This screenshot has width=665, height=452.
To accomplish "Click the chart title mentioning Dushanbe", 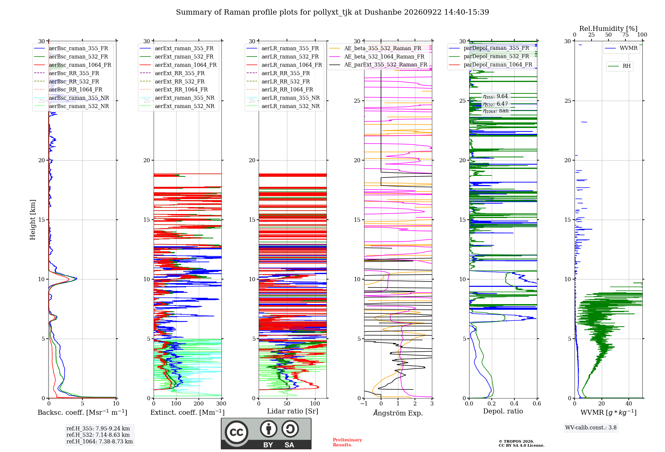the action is point(332,12).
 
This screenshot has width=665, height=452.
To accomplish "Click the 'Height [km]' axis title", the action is point(33,220).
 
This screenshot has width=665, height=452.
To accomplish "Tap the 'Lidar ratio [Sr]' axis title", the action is point(293,411).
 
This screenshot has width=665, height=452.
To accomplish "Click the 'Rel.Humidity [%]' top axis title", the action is point(608,29).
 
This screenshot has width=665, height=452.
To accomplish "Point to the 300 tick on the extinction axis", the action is point(221,403).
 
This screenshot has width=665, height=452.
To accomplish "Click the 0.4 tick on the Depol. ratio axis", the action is point(514,403).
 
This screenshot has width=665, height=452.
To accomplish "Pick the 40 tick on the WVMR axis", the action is point(628,403).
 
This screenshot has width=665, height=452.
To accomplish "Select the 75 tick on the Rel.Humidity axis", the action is point(625,35).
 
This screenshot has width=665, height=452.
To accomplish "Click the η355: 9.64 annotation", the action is point(495,96).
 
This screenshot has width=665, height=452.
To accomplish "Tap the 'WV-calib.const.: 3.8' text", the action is point(591,428).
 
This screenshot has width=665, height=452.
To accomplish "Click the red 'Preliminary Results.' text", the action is point(347,442).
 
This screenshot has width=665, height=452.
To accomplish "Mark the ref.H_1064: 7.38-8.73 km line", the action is point(99,442).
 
